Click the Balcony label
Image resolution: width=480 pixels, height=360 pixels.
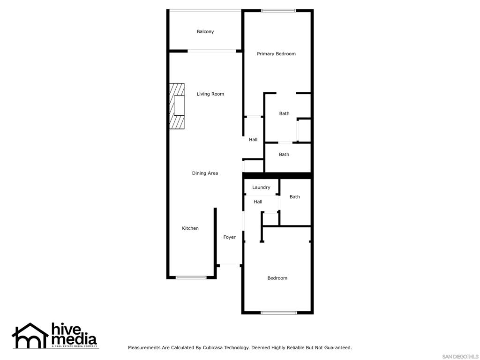pos(205,31)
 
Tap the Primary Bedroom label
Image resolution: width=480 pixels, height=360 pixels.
pos(276,54)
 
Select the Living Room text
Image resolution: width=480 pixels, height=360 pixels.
pos(210,94)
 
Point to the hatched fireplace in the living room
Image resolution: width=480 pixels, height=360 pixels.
pos(177,106)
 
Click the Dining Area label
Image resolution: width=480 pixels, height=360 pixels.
pos(205,173)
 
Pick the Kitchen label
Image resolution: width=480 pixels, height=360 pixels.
pos(190,228)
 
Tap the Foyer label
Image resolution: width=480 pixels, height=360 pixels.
pos(229,237)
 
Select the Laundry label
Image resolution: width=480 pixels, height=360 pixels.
pos(261,187)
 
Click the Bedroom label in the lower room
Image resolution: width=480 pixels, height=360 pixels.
pos(277,278)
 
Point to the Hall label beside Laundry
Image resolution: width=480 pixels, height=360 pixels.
pos(258,202)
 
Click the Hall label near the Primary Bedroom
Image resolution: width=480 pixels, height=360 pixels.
pos(253,140)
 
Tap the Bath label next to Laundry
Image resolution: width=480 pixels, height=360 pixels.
pos(294,197)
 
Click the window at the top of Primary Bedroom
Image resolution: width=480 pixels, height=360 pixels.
pos(278,11)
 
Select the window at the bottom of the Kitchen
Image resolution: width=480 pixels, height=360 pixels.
pos(191,277)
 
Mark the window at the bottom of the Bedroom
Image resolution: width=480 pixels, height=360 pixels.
pos(278,313)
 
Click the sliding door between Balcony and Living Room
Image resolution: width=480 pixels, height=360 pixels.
pos(211,51)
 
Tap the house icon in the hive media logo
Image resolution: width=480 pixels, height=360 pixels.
pos(30,336)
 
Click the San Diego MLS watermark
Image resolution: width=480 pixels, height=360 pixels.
pos(460,357)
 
